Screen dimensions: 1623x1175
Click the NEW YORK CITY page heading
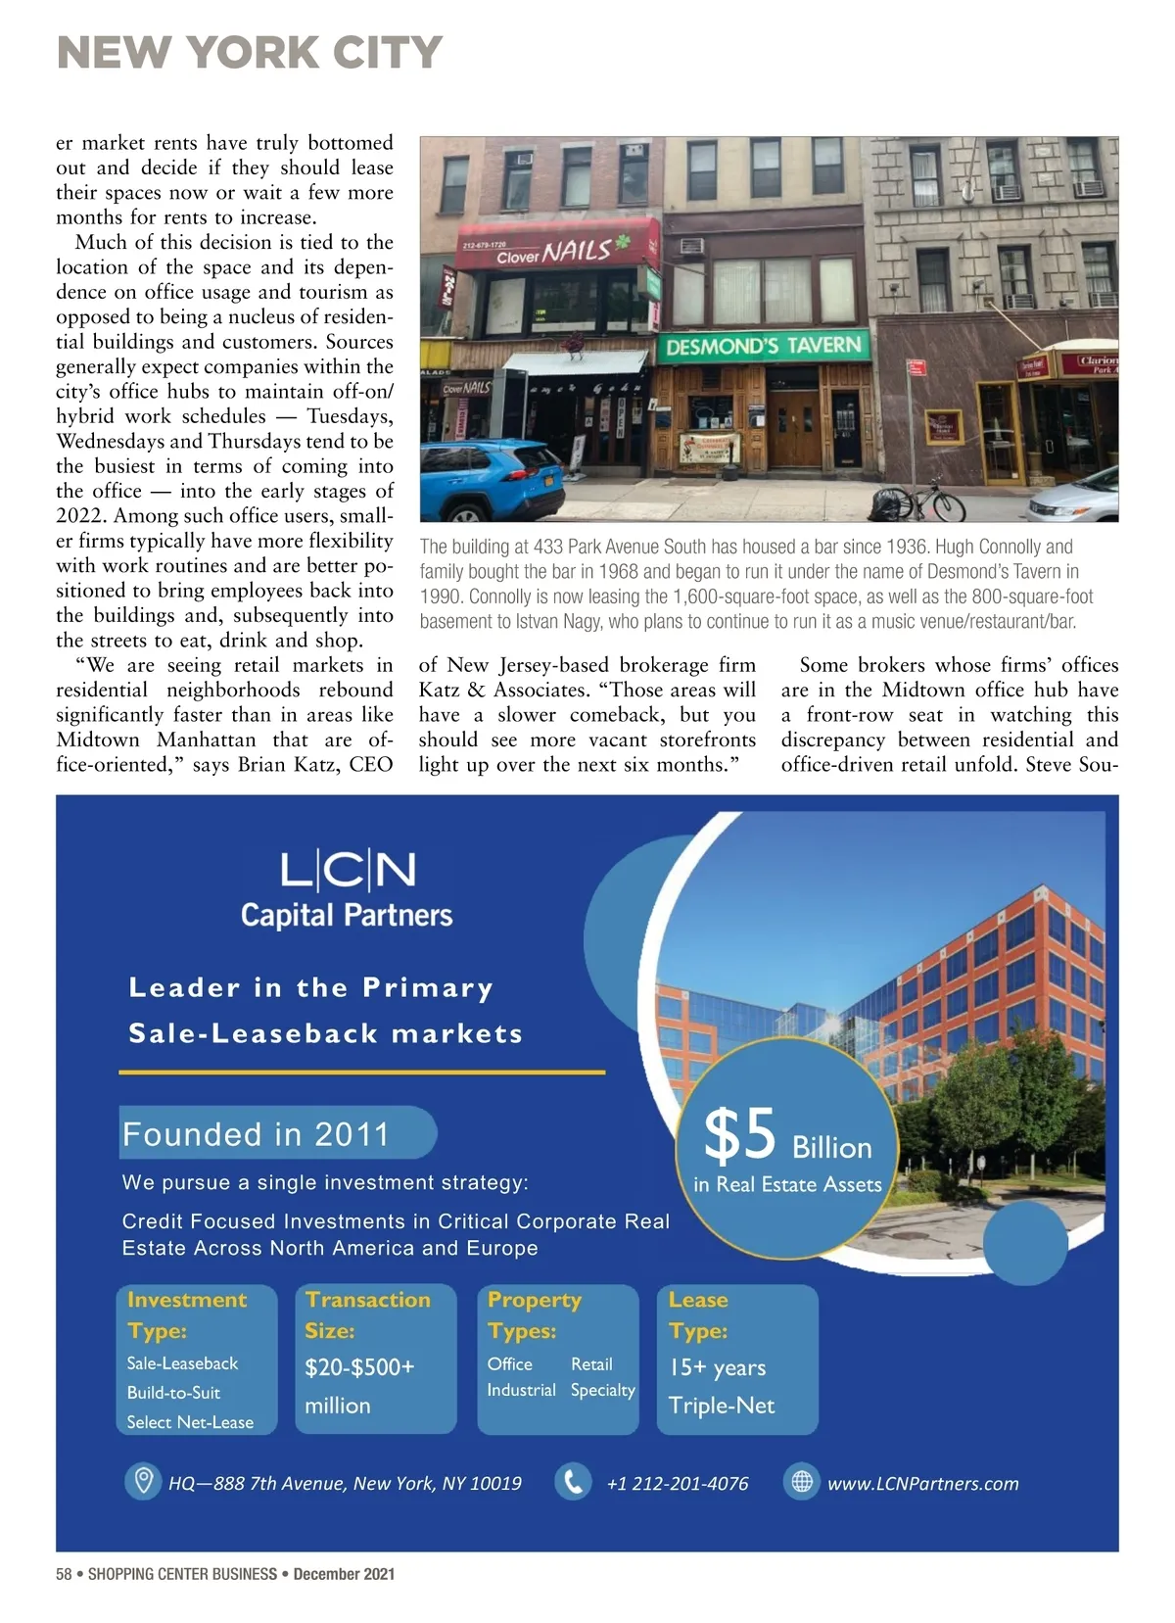click(x=250, y=52)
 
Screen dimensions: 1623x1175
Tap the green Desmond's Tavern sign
click(x=764, y=346)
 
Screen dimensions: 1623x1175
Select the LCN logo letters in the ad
click(x=348, y=870)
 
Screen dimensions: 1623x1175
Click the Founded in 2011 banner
click(x=257, y=1134)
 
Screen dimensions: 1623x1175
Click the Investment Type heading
click(x=186, y=1314)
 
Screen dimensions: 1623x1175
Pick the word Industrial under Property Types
click(x=521, y=1390)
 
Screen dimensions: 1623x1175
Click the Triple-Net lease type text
click(x=721, y=1406)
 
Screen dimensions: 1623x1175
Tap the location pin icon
click(x=143, y=1480)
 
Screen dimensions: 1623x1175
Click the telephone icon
click(x=573, y=1481)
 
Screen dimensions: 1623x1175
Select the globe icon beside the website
click(x=801, y=1481)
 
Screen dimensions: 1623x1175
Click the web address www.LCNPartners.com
click(x=922, y=1483)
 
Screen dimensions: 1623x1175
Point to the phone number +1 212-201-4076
click(x=678, y=1483)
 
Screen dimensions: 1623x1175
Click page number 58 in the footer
click(x=65, y=1574)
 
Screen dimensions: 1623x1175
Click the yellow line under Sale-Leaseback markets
click(x=361, y=1073)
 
